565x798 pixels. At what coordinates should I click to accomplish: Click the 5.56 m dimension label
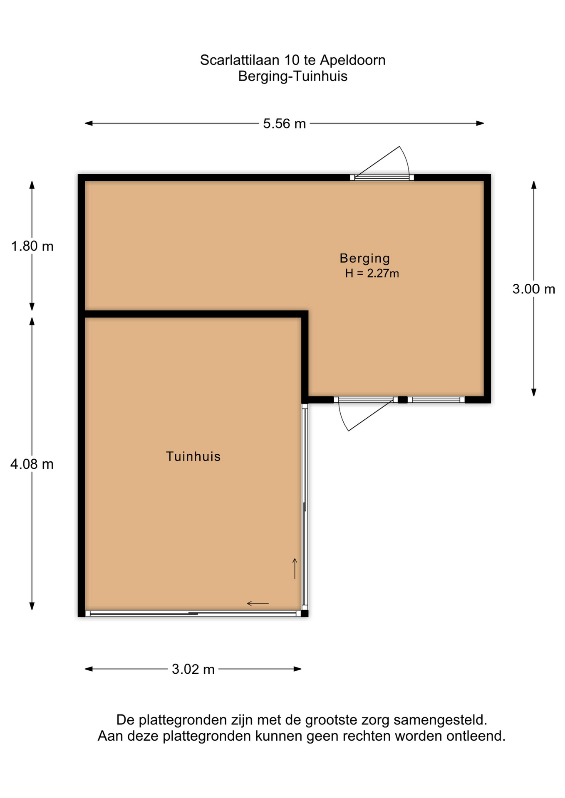tap(284, 123)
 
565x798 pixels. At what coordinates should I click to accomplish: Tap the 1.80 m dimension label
tap(32, 246)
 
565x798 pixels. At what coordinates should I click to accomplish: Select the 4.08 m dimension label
tap(32, 464)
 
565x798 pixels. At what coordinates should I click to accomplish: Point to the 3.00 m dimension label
tap(533, 289)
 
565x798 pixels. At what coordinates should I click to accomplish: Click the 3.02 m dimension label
tap(193, 669)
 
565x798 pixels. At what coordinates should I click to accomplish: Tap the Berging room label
tap(365, 259)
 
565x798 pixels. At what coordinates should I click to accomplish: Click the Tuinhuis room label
tap(193, 456)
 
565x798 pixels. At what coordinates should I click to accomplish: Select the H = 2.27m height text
tap(372, 273)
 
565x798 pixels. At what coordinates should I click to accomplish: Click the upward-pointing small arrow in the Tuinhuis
tap(295, 569)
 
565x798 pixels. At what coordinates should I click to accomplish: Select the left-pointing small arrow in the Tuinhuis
tap(258, 603)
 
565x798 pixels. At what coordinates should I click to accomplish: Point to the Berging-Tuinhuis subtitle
tap(292, 76)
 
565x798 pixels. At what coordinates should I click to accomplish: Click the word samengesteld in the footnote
tap(440, 720)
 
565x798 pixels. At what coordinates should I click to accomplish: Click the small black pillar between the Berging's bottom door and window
tap(402, 400)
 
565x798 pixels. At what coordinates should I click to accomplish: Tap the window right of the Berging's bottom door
tap(436, 400)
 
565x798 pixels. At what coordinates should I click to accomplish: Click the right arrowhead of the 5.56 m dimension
tap(480, 123)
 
